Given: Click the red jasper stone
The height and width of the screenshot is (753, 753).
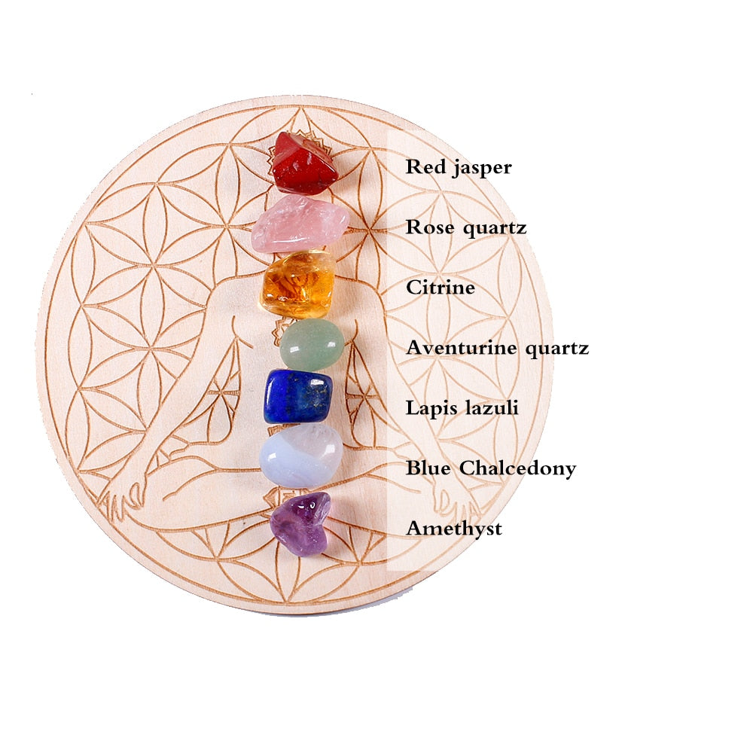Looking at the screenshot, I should point(303,164).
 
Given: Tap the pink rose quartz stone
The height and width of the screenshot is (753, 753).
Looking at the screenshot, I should point(300,224).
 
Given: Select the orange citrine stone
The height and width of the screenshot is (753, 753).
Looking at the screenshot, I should point(298,284).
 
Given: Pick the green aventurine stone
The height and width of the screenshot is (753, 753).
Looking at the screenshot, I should point(312,345).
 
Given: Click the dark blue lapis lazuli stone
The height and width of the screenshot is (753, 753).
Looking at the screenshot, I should point(297,397).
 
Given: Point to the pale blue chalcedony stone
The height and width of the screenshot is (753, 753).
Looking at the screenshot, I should point(300,456).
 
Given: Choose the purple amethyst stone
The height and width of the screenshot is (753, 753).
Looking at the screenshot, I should point(300,523).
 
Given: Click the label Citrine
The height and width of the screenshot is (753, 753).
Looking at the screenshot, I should point(441,287).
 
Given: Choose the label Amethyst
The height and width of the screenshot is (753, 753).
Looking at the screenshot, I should point(454,529).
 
